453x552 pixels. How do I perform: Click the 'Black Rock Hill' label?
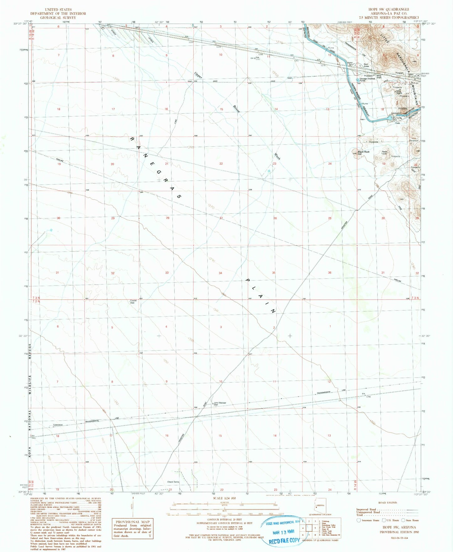tap(364, 153)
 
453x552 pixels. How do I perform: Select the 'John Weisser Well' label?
tap(220, 404)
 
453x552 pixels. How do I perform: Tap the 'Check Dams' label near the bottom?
tap(173, 482)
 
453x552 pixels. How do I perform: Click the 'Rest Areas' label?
tap(366, 65)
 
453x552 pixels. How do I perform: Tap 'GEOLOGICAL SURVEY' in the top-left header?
tap(58, 18)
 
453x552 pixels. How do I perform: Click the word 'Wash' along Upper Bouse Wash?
tap(277, 156)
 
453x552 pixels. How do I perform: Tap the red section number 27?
tap(221, 218)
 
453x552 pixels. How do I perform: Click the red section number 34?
tap(220, 273)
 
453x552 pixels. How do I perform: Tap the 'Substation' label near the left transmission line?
tap(58, 425)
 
